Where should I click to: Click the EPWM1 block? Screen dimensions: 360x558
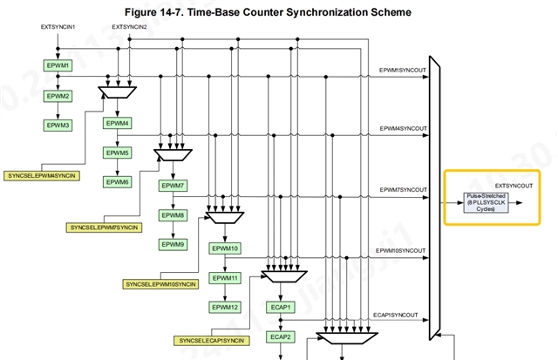[57, 66]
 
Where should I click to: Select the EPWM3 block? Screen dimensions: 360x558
[57, 126]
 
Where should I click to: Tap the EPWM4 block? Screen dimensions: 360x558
[117, 123]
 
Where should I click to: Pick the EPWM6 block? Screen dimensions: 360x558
[117, 182]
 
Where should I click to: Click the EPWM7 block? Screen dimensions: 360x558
[172, 186]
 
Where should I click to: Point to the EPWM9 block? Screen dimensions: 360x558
[172, 245]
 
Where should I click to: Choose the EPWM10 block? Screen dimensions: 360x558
[225, 248]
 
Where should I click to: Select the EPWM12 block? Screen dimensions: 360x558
[225, 307]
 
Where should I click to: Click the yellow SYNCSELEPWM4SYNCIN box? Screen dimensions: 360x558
[41, 176]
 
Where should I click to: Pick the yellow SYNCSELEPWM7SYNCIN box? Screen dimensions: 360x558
[102, 228]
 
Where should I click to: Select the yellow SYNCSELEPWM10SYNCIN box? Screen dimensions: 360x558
[160, 284]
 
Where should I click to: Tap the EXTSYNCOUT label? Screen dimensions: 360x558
[516, 186]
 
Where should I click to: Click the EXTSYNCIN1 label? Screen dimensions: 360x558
[58, 28]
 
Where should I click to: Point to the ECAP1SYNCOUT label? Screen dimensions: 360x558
[397, 315]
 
